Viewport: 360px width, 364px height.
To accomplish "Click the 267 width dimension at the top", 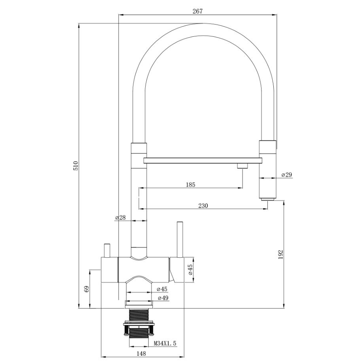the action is pos(197,11).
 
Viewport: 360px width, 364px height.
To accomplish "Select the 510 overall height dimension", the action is pos(76,166).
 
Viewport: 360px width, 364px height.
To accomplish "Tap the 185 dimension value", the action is pos(191,185).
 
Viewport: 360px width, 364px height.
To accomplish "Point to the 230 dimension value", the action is pos(203,206).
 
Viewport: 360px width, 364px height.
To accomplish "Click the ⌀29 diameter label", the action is pos(286,175).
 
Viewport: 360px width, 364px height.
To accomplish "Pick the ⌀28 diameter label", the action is pos(120,217).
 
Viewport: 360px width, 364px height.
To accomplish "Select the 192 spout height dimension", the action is pos(281,255).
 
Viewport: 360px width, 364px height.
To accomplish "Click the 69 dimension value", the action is pos(87,289).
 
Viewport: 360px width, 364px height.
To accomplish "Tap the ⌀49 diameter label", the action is pos(163,298).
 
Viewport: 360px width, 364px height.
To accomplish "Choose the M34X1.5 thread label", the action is pos(165,343).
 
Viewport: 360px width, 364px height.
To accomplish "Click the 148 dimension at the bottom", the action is pos(141,353).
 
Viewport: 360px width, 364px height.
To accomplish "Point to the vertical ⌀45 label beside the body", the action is pos(190,270).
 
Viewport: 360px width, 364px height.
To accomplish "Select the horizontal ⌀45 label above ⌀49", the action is pos(162,289).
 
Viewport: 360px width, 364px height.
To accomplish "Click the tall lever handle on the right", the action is pos(180,240).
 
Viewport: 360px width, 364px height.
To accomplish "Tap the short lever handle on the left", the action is pos(107,251).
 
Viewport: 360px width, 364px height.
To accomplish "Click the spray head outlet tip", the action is pos(267,199).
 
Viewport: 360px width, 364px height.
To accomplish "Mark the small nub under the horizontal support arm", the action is pos(243,166).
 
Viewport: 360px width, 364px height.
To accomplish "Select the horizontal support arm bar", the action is pos(203,160).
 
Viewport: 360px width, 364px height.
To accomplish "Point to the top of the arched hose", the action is pos(203,24).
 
